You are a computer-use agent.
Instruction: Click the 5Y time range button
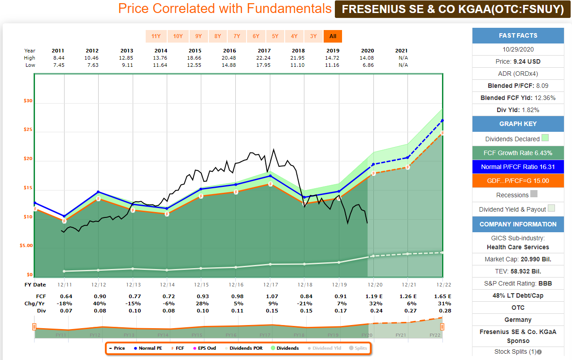pos(275,36)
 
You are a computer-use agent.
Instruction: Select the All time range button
pos(333,36)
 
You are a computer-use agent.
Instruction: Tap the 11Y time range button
pos(156,36)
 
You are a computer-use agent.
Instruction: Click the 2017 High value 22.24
pos(264,58)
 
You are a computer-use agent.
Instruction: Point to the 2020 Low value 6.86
pos(368,65)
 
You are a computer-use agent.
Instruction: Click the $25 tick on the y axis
pos(28,130)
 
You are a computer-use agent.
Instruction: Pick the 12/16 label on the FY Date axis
pos(236,285)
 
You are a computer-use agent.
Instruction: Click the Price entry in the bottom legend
pos(117,348)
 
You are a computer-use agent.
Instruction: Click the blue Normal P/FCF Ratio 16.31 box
pos(518,167)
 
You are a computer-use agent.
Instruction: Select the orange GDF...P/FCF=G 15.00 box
pos(518,181)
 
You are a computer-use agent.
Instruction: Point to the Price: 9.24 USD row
pos(518,61)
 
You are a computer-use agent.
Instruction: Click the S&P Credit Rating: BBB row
pos(518,283)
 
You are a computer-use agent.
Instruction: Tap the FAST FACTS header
pos(518,35)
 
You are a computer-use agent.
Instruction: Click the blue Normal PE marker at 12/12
pos(99,192)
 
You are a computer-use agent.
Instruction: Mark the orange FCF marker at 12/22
pos(442,133)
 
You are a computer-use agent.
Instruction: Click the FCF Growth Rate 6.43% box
pos(518,153)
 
